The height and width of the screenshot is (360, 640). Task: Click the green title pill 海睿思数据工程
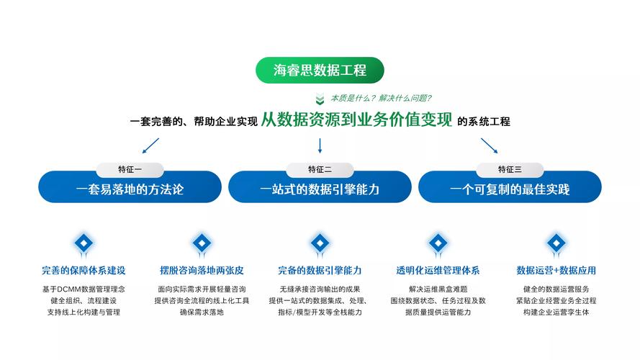[x=320, y=70]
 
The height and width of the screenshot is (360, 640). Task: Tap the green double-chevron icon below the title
[x=320, y=99]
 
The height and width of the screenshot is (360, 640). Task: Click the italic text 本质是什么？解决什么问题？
[x=381, y=98]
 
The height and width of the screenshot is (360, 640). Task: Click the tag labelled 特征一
[x=130, y=170]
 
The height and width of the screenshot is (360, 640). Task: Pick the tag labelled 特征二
[x=320, y=170]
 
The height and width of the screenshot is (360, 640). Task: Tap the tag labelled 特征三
[x=510, y=170]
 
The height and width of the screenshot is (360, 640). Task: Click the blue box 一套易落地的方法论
[x=130, y=189]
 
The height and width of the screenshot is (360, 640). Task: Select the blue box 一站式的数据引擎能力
[x=320, y=189]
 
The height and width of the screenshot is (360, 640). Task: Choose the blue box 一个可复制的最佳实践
[x=510, y=189]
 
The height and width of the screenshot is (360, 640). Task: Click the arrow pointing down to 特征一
[x=150, y=145]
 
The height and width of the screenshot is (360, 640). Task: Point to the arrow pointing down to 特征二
[x=320, y=145]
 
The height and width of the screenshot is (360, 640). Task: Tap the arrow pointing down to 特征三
[x=490, y=145]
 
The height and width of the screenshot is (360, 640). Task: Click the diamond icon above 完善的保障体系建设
[x=84, y=243]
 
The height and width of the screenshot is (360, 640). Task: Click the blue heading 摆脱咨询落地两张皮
[x=202, y=271]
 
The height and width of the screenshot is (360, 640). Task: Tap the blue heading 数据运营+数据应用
[x=556, y=271]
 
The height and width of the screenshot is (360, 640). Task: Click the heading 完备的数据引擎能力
[x=320, y=271]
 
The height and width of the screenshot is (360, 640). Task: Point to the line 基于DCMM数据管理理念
[x=84, y=289]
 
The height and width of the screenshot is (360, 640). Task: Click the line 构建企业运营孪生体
[x=556, y=312]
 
